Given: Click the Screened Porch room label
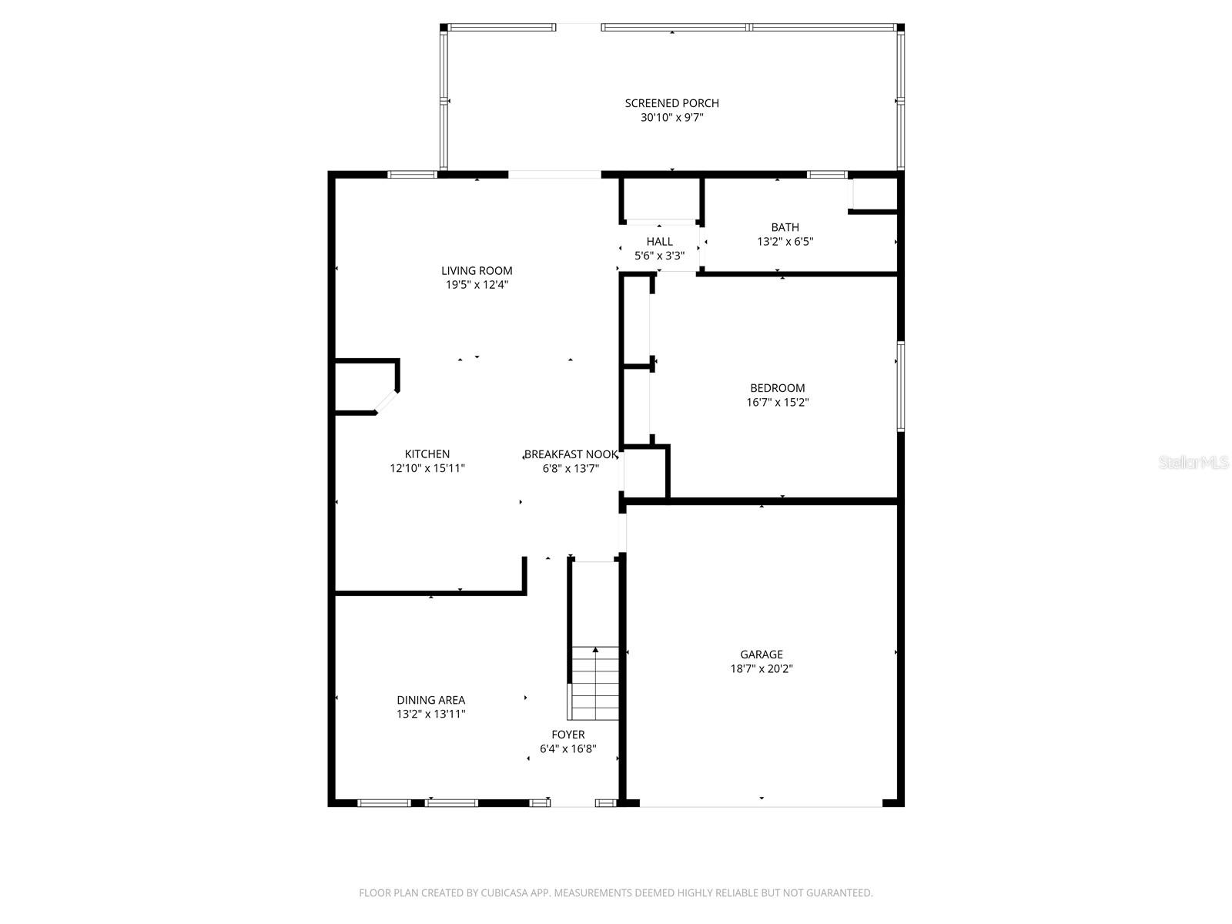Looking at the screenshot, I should (x=671, y=103).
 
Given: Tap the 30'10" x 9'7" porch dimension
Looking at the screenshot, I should (x=671, y=118).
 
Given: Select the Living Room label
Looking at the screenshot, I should (x=477, y=270).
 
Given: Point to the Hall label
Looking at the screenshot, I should (x=659, y=242).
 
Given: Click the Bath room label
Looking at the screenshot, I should (x=785, y=227).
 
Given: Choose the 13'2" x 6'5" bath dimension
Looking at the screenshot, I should (x=785, y=242).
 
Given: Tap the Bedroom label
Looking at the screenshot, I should (x=777, y=388).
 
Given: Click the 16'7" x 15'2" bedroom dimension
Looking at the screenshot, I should (x=777, y=402).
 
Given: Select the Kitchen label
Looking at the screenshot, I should (x=427, y=454).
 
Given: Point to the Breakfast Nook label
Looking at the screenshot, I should (x=571, y=454).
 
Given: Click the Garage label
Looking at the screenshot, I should (x=762, y=654).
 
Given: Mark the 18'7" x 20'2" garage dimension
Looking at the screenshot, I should (x=762, y=668).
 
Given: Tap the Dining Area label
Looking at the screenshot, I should (x=430, y=700).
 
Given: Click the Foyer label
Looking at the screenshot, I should (x=567, y=735).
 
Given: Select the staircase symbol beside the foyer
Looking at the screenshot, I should (x=594, y=683).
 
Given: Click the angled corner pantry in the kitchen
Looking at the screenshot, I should (x=365, y=387).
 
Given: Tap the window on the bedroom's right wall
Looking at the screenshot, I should (x=899, y=387).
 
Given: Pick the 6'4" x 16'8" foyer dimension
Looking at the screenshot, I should (x=567, y=748).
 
